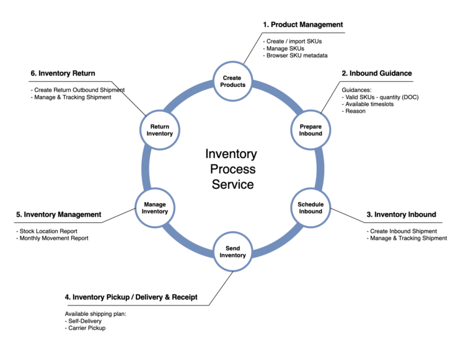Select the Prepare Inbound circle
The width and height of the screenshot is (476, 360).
tap(311, 130)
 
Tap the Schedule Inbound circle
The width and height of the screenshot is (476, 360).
tap(311, 208)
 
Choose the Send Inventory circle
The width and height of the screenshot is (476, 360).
tap(233, 252)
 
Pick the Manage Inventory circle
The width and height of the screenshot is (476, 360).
tap(155, 208)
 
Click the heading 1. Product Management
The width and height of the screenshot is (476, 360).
tap(302, 25)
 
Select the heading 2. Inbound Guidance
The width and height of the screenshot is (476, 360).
tap(376, 73)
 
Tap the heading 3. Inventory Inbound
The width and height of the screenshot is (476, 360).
tap(401, 214)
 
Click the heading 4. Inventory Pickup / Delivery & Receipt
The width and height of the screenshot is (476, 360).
tap(131, 297)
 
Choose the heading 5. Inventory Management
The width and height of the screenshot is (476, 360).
tap(58, 214)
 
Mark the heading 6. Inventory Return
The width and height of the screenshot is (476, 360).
tap(63, 73)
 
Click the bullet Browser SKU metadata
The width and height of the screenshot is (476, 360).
tap(297, 56)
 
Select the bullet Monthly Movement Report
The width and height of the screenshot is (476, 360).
tap(53, 238)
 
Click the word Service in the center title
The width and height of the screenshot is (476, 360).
tap(232, 184)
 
